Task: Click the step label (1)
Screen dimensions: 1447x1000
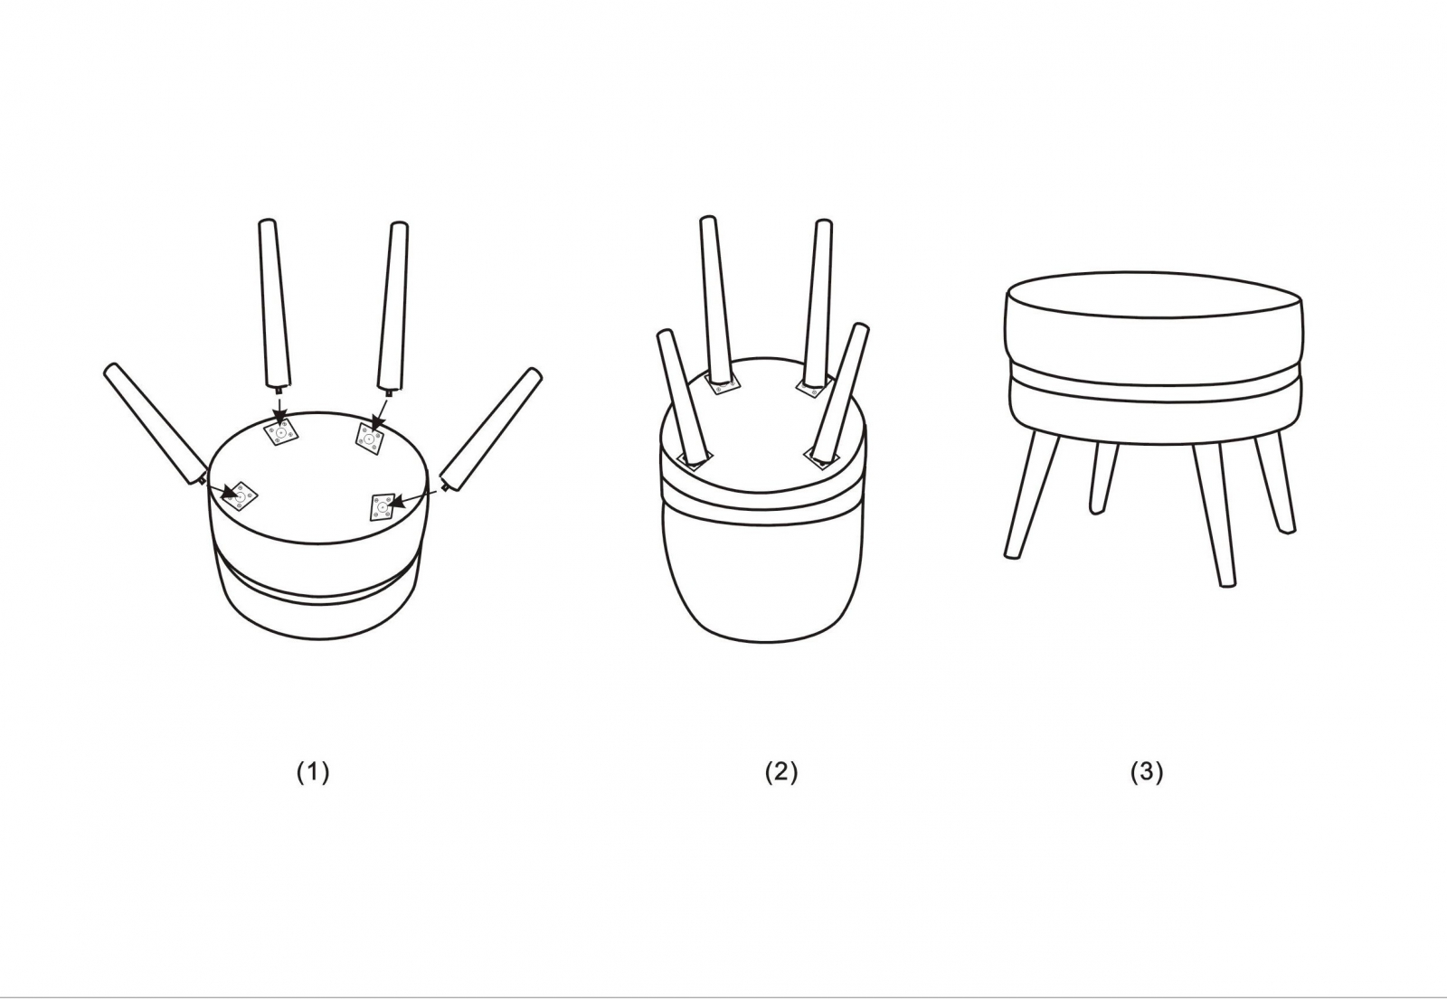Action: pos(313,772)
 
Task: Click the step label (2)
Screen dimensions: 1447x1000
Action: pos(781,772)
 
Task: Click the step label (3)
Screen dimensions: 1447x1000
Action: pos(1147,772)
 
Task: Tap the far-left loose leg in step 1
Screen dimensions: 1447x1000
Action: pos(155,425)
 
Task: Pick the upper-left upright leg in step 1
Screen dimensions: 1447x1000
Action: pos(274,304)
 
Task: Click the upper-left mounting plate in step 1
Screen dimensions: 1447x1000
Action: pos(281,431)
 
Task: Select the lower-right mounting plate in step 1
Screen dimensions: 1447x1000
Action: pos(383,507)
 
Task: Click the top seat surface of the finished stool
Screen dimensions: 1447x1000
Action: pos(1154,296)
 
